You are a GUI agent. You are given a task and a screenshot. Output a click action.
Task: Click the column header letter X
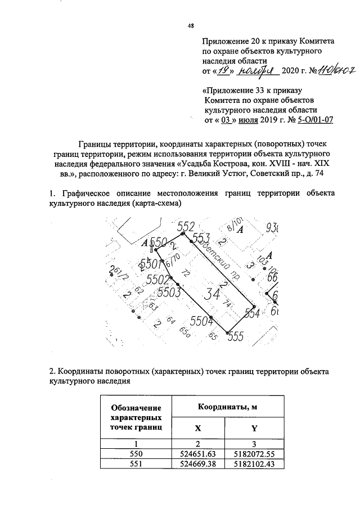point(197,428)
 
